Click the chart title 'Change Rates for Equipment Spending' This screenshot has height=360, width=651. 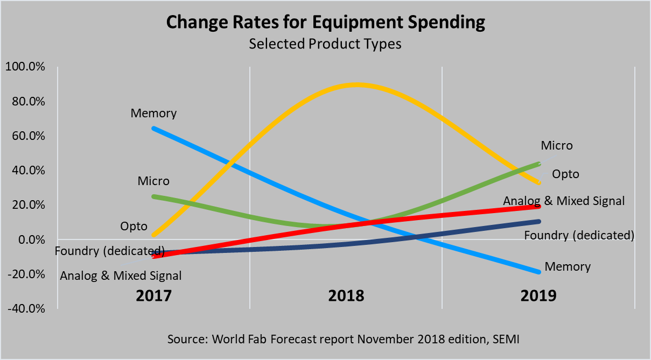pyautogui.click(x=325, y=23)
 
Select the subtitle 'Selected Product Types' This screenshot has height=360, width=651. pyautogui.click(x=325, y=44)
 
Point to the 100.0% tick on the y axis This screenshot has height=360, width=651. pyautogui.click(x=24, y=67)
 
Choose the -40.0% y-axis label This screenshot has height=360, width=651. pyautogui.click(x=25, y=309)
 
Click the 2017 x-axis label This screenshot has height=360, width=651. pyautogui.click(x=153, y=295)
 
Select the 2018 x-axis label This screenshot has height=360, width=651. pyautogui.click(x=346, y=295)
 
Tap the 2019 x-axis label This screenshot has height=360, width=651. pyautogui.click(x=538, y=295)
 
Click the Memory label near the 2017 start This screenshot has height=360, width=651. pyautogui.click(x=153, y=114)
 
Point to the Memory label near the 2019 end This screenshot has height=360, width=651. pyautogui.click(x=568, y=267)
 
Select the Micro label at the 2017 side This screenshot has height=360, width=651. pyautogui.click(x=153, y=181)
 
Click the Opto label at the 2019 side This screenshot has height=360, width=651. pyautogui.click(x=565, y=174)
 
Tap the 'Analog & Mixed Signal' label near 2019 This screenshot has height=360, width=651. pyautogui.click(x=564, y=201)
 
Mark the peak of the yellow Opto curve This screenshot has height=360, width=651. pyautogui.click(x=356, y=84)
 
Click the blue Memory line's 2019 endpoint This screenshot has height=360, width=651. pyautogui.click(x=538, y=272)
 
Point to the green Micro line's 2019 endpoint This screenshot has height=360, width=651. pyautogui.click(x=539, y=163)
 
